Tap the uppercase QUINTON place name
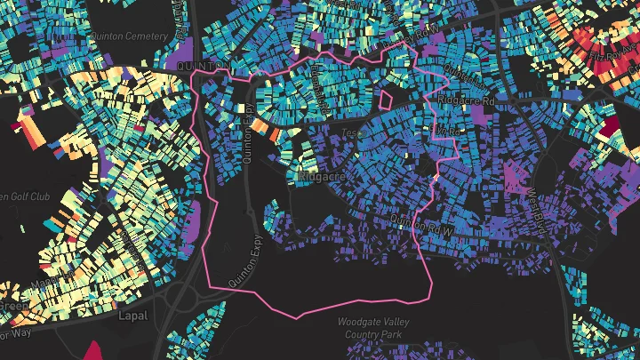pos(197,66)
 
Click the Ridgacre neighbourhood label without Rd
pos(322,177)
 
